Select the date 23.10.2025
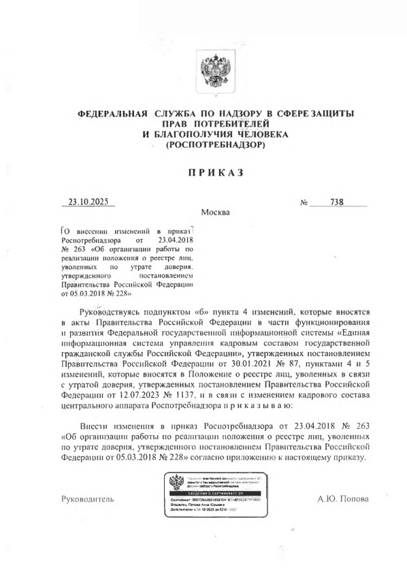[88, 202]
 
